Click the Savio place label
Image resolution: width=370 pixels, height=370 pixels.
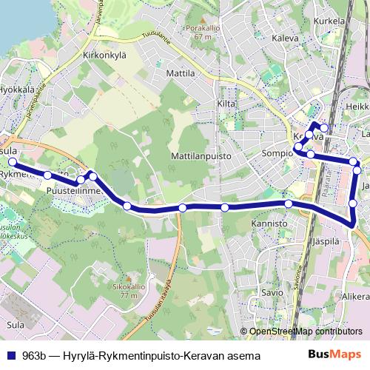pos(272,292)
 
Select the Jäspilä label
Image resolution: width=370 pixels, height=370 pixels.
pos(325,241)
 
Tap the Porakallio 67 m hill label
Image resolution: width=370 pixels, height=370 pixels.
pos(199,32)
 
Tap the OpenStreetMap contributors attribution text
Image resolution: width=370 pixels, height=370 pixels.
pos(305,332)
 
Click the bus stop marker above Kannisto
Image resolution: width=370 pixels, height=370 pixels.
pos(288,203)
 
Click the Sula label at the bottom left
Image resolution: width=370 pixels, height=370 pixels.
pos(15,324)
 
